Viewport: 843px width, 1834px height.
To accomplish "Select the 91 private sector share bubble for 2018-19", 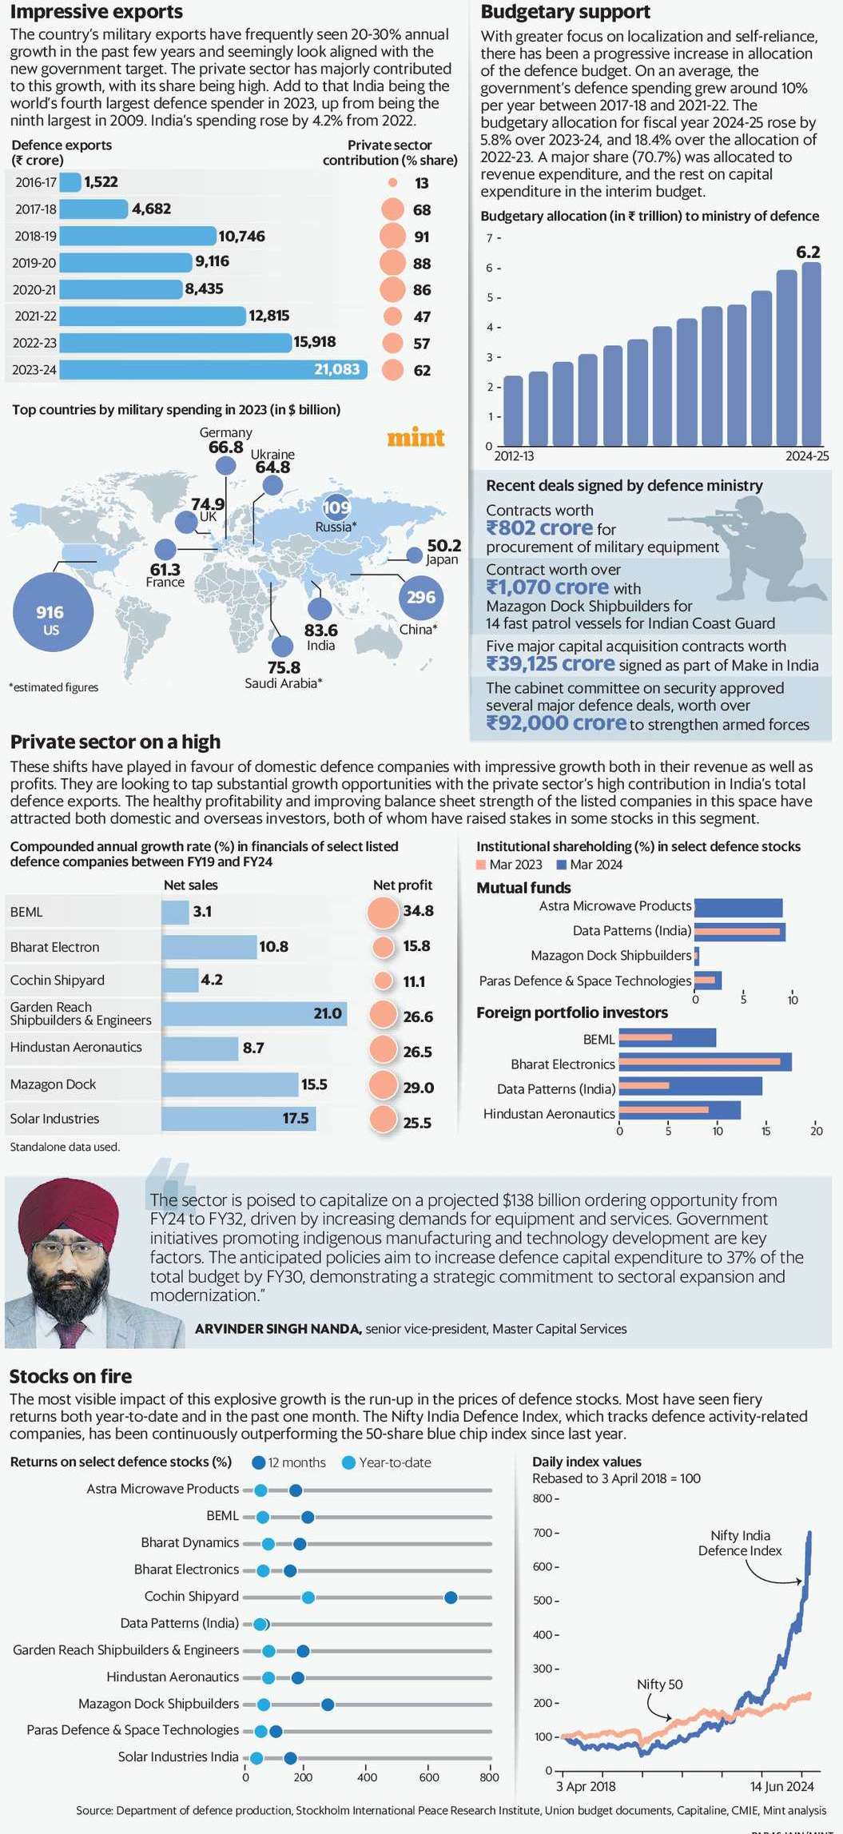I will tap(392, 237).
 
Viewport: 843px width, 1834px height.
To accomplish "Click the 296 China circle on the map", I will tap(421, 597).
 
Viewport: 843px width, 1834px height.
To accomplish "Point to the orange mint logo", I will tap(416, 438).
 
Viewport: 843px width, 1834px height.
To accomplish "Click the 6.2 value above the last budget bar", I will tap(808, 253).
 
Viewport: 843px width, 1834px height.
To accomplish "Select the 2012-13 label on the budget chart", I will tap(514, 456).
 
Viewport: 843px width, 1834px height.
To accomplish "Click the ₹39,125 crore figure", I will tap(551, 664).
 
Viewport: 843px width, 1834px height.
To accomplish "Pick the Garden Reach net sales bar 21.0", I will tap(253, 1013).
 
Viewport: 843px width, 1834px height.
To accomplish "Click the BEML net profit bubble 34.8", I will tap(383, 912).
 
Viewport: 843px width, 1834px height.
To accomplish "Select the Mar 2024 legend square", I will tap(562, 865).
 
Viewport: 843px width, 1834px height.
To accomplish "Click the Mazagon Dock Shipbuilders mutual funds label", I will tap(610, 955).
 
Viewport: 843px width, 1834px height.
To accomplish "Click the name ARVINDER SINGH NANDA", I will tap(278, 1329).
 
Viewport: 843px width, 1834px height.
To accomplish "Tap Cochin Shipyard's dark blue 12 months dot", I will tap(451, 1597).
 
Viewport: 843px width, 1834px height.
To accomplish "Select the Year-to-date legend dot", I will tap(348, 1462).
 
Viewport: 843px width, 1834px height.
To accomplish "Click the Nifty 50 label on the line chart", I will tap(659, 1684).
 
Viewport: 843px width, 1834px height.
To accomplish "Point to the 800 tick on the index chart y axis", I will tap(543, 1498).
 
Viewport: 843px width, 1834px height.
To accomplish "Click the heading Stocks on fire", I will tap(70, 1376).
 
